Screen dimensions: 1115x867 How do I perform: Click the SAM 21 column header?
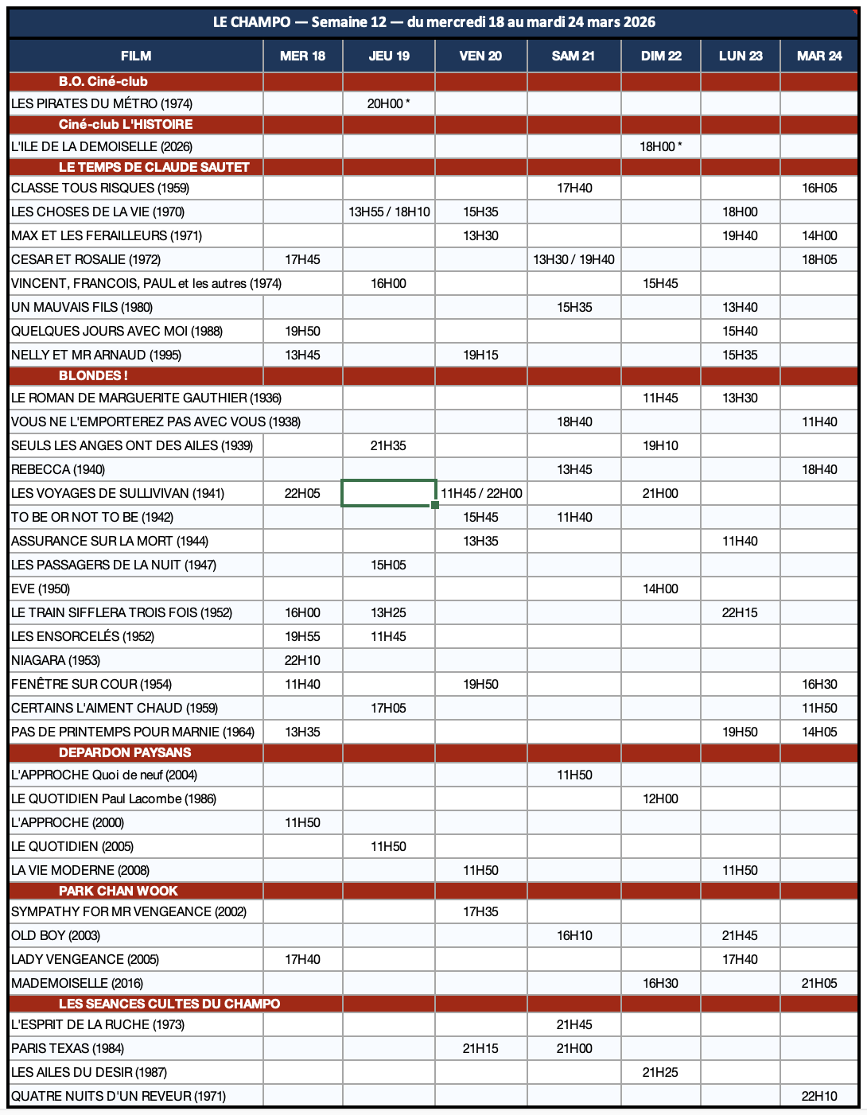pos(573,56)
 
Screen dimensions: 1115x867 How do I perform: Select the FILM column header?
pos(136,56)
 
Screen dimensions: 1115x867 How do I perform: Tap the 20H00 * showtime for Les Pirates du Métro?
pos(388,103)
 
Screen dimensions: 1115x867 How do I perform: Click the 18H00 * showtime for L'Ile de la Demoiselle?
pos(660,146)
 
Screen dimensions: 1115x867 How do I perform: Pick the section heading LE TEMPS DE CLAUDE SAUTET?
pos(154,167)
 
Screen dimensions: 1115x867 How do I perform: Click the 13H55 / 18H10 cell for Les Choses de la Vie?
pos(389,212)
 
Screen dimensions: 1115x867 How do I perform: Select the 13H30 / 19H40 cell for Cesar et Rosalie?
pos(573,259)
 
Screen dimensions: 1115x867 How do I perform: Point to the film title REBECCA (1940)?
pos(58,469)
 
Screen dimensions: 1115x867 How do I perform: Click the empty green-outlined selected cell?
pos(388,493)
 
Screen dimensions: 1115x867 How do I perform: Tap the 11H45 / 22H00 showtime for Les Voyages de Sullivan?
pos(481,493)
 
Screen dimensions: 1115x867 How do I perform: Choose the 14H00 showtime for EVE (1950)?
pos(660,589)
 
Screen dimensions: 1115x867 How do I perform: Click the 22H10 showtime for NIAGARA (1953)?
pos(302,660)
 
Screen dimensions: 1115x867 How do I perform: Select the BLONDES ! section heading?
pos(93,375)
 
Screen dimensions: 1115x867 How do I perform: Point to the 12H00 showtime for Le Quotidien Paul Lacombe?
pos(660,798)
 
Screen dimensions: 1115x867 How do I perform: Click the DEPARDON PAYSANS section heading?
pos(125,752)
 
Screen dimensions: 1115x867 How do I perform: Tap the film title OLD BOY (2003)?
pos(56,935)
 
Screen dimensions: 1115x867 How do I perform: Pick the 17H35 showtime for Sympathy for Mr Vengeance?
pos(480,911)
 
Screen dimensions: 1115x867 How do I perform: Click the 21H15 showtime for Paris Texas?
pos(480,1048)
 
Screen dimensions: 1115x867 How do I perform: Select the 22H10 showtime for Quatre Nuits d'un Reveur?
pos(819,1096)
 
